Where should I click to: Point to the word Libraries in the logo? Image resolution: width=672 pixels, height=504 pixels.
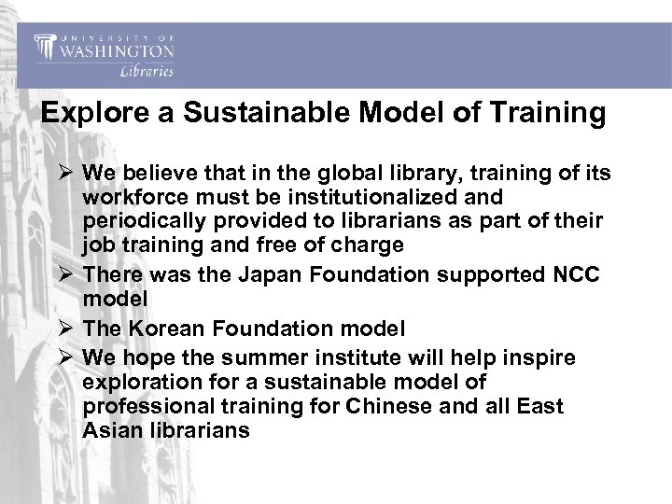tap(146, 70)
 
